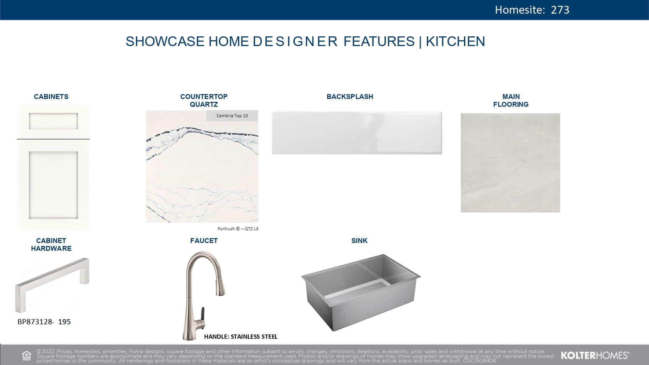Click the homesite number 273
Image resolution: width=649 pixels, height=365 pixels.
point(560,10)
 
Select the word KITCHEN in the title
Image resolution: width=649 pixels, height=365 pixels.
point(455,42)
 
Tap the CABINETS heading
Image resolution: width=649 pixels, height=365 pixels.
point(51,97)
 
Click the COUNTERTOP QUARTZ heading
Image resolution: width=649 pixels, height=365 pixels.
point(204,101)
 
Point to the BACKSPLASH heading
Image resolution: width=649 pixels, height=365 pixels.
point(350,97)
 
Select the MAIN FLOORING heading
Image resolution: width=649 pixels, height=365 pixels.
point(511,101)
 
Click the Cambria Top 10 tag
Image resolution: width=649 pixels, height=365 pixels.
point(232,116)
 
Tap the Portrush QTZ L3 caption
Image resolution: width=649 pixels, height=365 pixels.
point(238,229)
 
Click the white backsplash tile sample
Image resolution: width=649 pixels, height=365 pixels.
point(357,133)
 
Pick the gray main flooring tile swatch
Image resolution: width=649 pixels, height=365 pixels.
point(510,163)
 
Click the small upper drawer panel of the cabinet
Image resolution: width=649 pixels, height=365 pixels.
point(53,121)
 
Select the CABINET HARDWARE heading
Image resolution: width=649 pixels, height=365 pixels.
point(51,245)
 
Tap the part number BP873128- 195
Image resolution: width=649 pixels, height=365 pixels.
point(44,322)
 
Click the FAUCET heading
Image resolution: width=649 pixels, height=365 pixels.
point(204,241)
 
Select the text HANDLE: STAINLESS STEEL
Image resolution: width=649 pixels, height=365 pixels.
point(241,337)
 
